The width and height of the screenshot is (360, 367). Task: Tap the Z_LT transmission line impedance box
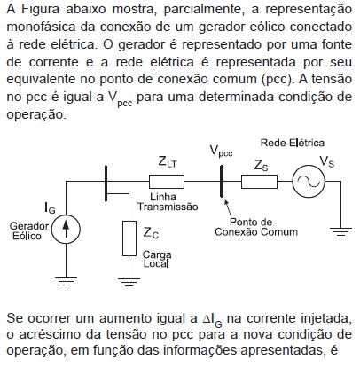(x=167, y=182)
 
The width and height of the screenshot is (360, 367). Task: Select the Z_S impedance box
(x=259, y=182)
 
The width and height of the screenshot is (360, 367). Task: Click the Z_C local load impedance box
(x=129, y=238)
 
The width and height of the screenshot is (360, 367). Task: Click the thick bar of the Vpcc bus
(x=222, y=181)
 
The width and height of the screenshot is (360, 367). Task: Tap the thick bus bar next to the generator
(x=106, y=183)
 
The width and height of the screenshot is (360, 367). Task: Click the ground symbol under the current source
(x=66, y=281)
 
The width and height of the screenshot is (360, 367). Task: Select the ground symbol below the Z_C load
(x=129, y=282)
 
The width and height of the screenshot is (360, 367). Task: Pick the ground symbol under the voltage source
(x=340, y=231)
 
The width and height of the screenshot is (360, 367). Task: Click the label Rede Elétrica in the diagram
(x=292, y=143)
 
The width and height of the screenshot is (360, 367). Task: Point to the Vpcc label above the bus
(x=221, y=152)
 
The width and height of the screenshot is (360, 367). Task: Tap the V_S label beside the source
(x=327, y=162)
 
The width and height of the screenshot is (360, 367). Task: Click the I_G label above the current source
(x=50, y=207)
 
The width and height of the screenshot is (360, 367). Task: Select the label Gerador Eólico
(x=29, y=230)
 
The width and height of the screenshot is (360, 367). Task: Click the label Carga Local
(x=157, y=259)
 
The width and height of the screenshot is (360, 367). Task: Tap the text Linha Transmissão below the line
(x=168, y=201)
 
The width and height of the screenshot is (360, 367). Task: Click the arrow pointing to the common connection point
(x=229, y=208)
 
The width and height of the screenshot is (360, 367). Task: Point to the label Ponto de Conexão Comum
(x=256, y=227)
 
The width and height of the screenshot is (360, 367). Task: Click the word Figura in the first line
(x=40, y=9)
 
